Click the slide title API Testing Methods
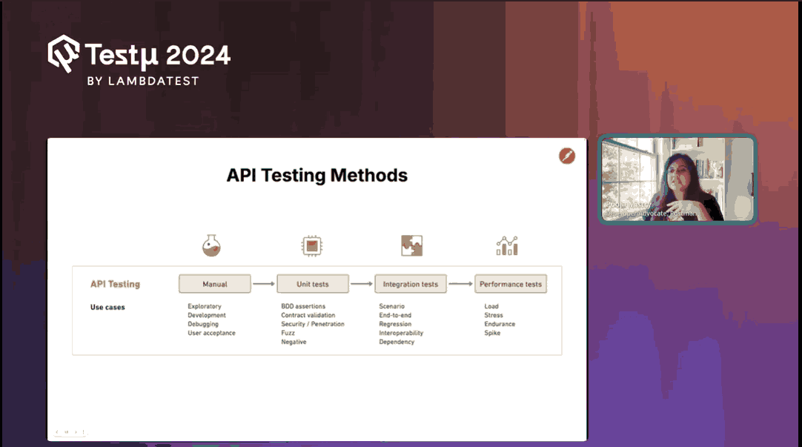click(x=317, y=176)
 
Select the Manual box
click(x=214, y=284)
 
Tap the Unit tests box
click(x=312, y=284)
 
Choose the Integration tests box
click(x=410, y=284)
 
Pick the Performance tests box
click(x=510, y=284)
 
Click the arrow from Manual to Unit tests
click(x=263, y=283)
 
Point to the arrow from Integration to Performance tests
click(x=460, y=283)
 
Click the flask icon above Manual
click(x=211, y=245)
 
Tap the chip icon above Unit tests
click(x=312, y=245)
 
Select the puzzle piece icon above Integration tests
click(x=411, y=245)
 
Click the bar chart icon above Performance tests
click(x=508, y=246)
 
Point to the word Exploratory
click(x=205, y=306)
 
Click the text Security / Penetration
click(x=312, y=324)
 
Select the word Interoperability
click(x=401, y=333)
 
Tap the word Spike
click(x=492, y=333)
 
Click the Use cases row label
click(x=107, y=307)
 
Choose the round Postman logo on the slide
click(x=567, y=156)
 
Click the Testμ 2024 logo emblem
click(x=64, y=53)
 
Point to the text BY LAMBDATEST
click(x=143, y=81)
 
